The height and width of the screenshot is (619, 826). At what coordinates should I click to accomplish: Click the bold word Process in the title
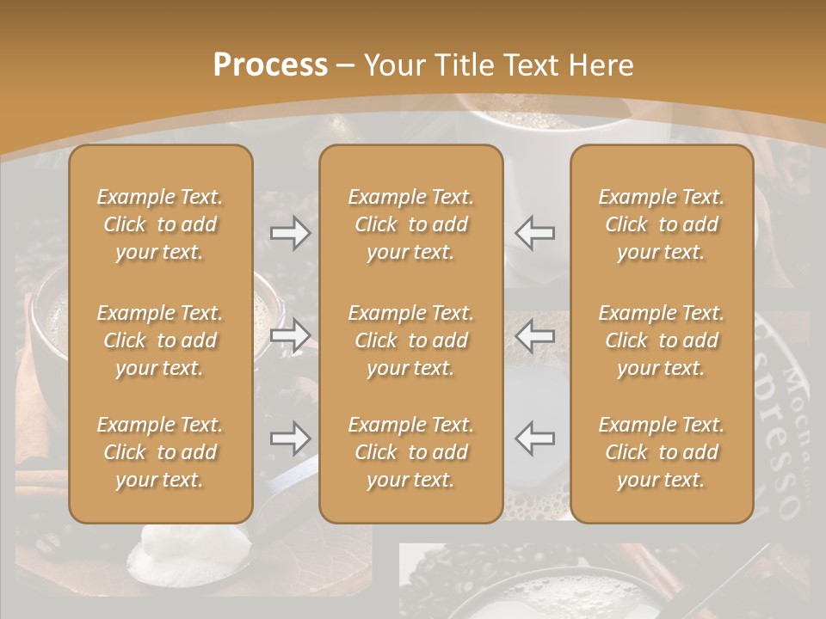pyautogui.click(x=270, y=64)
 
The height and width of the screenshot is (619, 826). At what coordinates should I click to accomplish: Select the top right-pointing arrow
pyautogui.click(x=291, y=233)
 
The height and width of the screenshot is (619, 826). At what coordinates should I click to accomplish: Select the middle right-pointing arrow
pyautogui.click(x=291, y=335)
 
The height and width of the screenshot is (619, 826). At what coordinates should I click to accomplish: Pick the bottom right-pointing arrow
pyautogui.click(x=291, y=438)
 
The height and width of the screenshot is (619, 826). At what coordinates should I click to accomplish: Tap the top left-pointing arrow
pyautogui.click(x=534, y=233)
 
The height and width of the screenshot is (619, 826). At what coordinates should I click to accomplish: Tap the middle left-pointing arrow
pyautogui.click(x=534, y=335)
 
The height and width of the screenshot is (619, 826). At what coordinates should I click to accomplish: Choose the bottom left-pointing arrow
pyautogui.click(x=534, y=438)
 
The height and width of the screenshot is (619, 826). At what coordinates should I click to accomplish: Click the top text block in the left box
pyautogui.click(x=160, y=224)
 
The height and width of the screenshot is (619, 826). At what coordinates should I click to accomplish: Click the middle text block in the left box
pyautogui.click(x=160, y=340)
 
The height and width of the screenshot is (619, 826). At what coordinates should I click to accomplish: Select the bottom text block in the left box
pyautogui.click(x=160, y=452)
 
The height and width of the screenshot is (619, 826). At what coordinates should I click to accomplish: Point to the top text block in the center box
pyautogui.click(x=410, y=224)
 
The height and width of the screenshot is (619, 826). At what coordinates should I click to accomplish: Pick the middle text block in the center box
pyautogui.click(x=410, y=340)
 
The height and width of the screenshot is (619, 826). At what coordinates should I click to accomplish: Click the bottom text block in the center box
pyautogui.click(x=410, y=452)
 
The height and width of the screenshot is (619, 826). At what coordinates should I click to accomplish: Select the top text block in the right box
pyautogui.click(x=661, y=224)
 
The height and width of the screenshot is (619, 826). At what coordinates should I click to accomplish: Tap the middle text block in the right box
pyautogui.click(x=661, y=340)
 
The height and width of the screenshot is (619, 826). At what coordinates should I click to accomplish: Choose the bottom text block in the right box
pyautogui.click(x=661, y=452)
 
